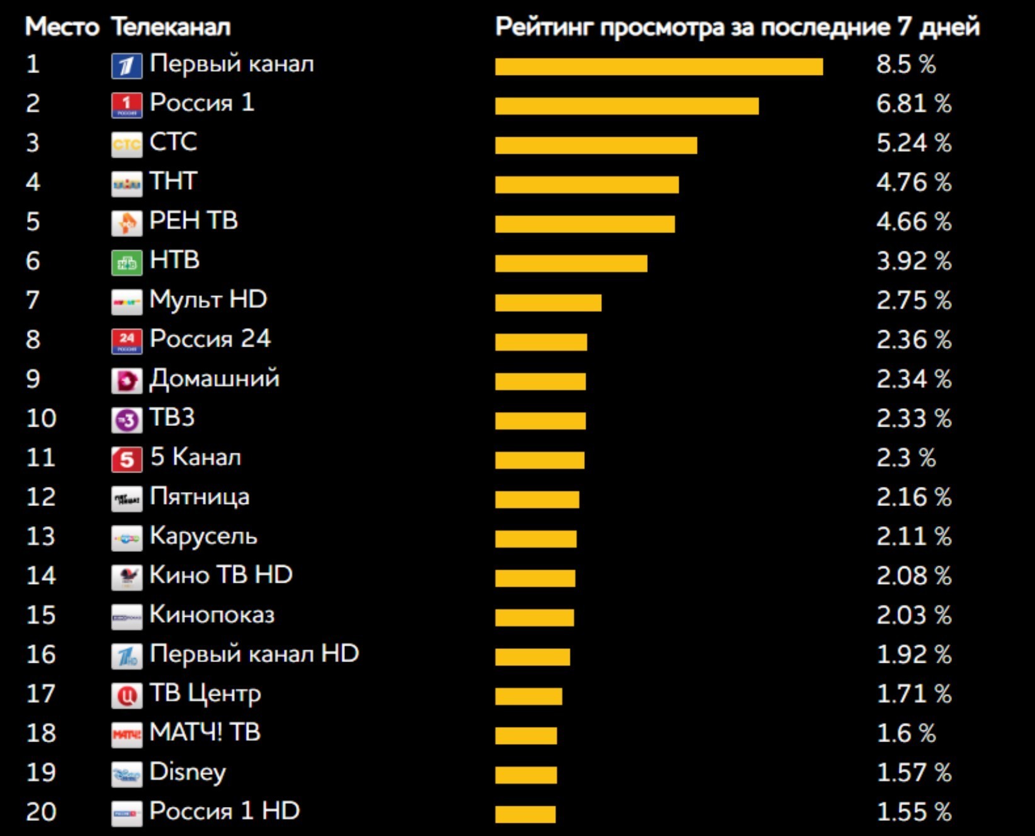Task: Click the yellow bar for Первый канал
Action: click(x=659, y=67)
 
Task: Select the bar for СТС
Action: click(x=596, y=146)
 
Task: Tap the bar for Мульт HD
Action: click(x=548, y=303)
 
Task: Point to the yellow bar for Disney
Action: click(x=526, y=775)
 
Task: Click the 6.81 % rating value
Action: click(x=913, y=104)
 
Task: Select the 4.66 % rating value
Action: click(x=913, y=222)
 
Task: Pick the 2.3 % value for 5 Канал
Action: click(x=905, y=458)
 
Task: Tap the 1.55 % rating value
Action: click(x=913, y=812)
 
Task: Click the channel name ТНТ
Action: click(x=173, y=181)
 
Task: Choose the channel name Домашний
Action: click(x=214, y=379)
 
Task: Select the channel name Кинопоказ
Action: click(x=212, y=615)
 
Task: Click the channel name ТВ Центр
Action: click(x=205, y=694)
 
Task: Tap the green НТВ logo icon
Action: click(x=127, y=263)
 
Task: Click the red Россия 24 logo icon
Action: click(x=127, y=341)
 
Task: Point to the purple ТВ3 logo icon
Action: click(x=127, y=420)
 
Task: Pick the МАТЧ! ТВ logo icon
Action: click(x=127, y=735)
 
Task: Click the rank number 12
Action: click(x=41, y=498)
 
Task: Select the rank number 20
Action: click(x=41, y=812)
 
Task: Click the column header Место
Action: click(x=62, y=27)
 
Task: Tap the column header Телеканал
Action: click(x=171, y=27)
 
